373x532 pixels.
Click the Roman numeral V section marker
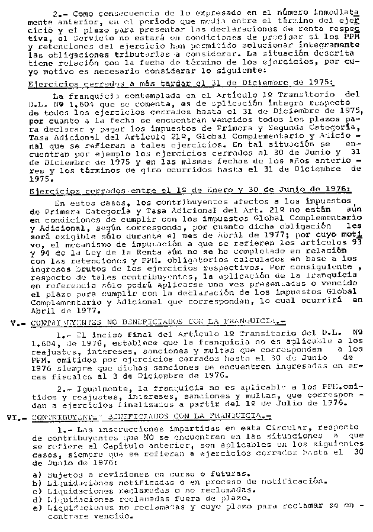tap(16, 323)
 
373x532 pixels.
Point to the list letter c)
tap(38, 490)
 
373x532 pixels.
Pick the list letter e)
tap(38, 507)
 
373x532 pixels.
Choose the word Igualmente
tap(98, 388)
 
